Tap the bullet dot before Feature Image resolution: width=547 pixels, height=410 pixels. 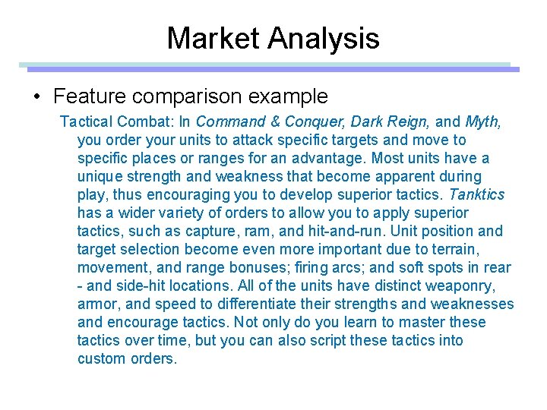(36, 97)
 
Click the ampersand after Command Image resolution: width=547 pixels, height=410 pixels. (273, 122)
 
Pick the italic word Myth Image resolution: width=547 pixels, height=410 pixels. (482, 122)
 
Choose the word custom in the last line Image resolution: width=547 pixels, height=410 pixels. (100, 359)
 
